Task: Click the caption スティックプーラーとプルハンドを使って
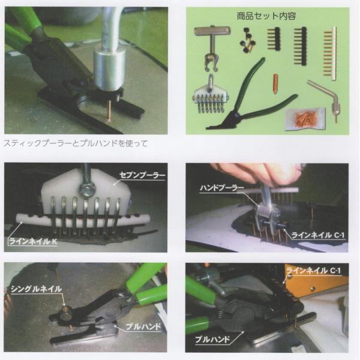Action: (76, 143)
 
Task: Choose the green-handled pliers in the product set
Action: (252, 99)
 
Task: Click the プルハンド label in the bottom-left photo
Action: (140, 326)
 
